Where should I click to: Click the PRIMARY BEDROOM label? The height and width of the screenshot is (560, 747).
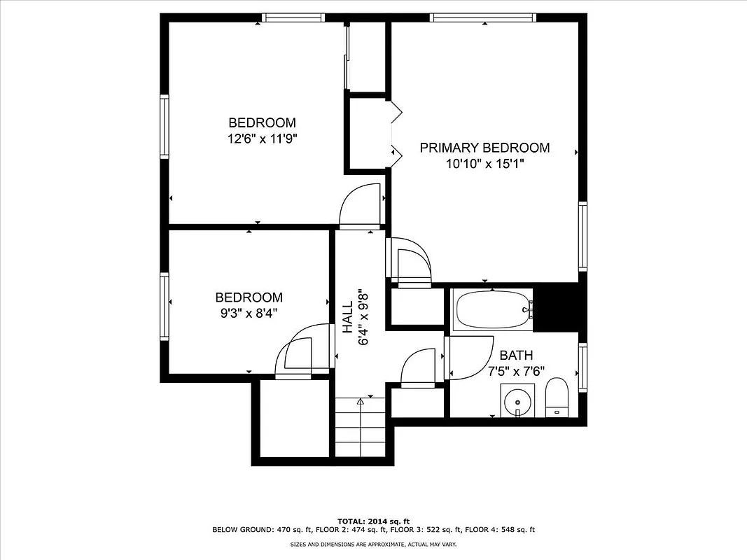coord(484,148)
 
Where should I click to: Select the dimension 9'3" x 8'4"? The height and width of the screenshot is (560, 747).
coord(249,313)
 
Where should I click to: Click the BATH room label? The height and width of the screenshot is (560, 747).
coord(516,356)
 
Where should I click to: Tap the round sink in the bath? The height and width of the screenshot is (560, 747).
coord(517,402)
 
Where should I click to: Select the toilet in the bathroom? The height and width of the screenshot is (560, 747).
coord(557,398)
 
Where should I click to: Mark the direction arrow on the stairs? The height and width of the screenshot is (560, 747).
coord(361,402)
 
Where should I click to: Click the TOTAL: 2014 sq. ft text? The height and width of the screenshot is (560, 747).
coord(373,521)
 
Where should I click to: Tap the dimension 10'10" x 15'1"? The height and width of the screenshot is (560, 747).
coord(484,163)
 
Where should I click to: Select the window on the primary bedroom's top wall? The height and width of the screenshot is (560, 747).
coord(482,17)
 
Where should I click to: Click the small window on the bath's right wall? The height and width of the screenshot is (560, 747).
coord(582,367)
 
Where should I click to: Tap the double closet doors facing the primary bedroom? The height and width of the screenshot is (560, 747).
coord(396,131)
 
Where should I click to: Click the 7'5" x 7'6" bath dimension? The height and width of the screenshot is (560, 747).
coord(516,371)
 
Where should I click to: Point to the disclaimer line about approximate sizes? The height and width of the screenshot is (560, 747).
coord(373,544)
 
